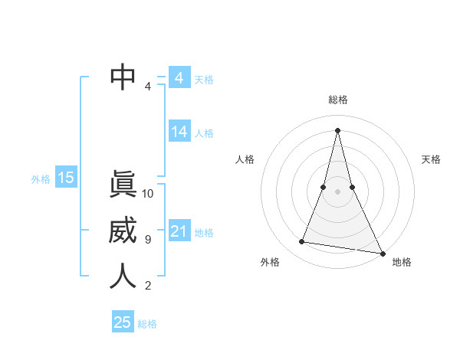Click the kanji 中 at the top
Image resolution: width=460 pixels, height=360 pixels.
(123, 77)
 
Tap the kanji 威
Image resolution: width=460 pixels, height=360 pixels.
(123, 231)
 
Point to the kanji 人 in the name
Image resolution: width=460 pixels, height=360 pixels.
(123, 277)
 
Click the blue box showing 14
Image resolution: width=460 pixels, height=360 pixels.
(179, 132)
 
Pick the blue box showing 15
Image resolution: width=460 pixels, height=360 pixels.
(66, 178)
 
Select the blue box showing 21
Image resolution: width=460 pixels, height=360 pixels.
(179, 231)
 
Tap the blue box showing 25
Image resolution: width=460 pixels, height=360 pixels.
(123, 322)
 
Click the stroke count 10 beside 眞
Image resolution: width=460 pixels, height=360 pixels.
(148, 194)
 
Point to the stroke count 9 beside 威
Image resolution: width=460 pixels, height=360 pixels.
(148, 240)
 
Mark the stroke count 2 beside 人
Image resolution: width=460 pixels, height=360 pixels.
(148, 286)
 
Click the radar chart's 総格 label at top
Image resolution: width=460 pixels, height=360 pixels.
(338, 100)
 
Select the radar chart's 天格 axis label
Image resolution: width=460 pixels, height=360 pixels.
(431, 159)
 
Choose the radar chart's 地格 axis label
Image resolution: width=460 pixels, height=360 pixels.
(402, 262)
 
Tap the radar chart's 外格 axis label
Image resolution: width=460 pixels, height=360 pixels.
(270, 262)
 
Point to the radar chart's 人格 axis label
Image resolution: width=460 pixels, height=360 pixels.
(245, 159)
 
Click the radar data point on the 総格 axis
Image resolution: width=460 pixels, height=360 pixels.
(337, 129)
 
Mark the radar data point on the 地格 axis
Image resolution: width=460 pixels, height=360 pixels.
(382, 253)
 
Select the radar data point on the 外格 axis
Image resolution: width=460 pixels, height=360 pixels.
(302, 242)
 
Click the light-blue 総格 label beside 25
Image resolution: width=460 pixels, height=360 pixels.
(147, 324)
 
